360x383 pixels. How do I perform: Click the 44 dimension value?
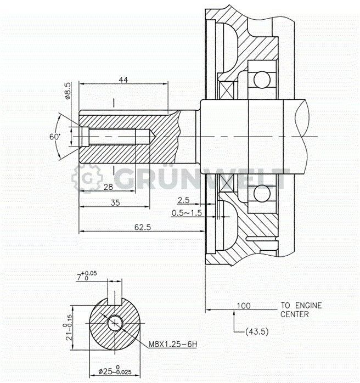tap(123, 80)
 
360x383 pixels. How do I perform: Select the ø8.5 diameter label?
tap(68, 91)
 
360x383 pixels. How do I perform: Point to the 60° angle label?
tap(55, 137)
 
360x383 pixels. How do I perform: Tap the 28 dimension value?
tap(108, 187)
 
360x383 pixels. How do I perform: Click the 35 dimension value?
tap(115, 202)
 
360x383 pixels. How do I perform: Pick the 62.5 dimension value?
tap(143, 227)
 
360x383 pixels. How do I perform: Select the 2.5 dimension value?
tap(184, 200)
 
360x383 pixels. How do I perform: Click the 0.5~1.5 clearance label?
tap(187, 213)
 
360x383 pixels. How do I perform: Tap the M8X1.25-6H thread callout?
tap(173, 345)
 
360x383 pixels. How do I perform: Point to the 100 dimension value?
tap(244, 306)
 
